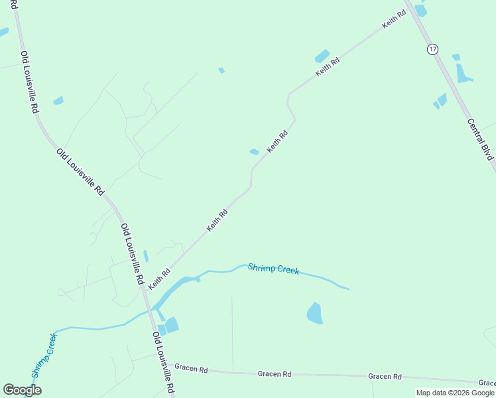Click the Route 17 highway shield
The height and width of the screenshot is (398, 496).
(x=433, y=49)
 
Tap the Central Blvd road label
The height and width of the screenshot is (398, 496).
(x=481, y=139)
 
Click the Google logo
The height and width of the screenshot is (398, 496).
(x=22, y=390)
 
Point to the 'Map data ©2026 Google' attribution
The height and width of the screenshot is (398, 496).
(x=455, y=393)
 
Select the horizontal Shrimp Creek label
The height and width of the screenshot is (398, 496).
(x=273, y=269)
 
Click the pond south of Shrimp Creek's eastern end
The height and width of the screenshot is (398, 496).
(x=315, y=313)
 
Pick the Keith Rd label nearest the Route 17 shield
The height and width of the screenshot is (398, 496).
(x=394, y=19)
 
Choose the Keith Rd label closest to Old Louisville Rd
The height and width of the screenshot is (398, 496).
(x=160, y=279)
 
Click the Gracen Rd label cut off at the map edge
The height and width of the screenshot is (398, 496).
(x=487, y=383)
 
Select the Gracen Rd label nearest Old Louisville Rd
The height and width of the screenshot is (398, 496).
(x=191, y=367)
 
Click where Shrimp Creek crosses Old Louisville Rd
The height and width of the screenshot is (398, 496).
(x=153, y=310)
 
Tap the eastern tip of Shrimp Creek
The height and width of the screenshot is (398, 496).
(x=349, y=289)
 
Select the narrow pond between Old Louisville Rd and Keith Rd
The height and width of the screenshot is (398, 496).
(x=146, y=256)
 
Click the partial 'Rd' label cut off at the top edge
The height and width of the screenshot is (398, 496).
(x=13, y=5)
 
